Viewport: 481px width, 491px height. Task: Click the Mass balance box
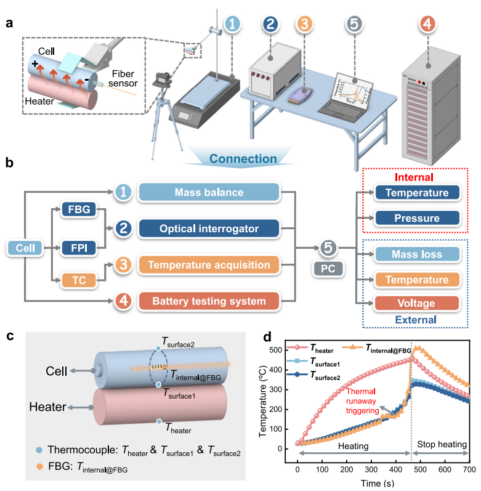pos(209,192)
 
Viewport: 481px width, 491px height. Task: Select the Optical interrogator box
pos(209,229)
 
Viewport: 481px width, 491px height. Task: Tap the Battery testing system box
pos(209,301)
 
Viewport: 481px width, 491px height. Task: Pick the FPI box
pos(79,248)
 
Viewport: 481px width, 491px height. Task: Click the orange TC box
pos(79,280)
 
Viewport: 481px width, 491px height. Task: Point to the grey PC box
pos(328,269)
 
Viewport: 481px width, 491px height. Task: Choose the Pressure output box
pos(417,218)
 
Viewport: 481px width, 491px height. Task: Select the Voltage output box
pos(417,303)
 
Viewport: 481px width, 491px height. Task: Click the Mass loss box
pos(417,254)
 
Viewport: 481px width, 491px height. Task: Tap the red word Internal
pos(414,177)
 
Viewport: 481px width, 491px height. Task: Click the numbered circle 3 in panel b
pos(123,265)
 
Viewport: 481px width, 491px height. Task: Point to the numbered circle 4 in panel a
pos(427,24)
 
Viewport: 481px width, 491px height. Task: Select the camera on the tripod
pos(162,80)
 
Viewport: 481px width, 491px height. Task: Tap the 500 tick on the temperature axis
pos(276,350)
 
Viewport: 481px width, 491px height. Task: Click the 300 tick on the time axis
pos(371,469)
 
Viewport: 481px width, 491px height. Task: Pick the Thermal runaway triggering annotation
pos(362,401)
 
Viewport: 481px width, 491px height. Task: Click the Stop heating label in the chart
pos(442,444)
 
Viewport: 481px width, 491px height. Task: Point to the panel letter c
pos(10,336)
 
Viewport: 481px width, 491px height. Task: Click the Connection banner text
pos(243,159)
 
